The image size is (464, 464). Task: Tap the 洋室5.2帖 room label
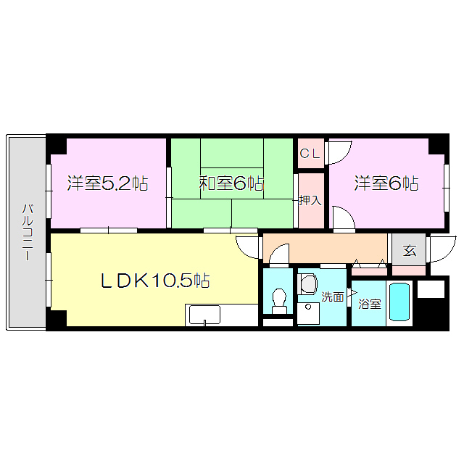pos(107,183)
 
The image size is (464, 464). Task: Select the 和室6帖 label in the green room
pos(231,183)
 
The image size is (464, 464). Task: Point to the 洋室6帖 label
pos(386,183)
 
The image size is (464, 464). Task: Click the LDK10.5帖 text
pos(154,281)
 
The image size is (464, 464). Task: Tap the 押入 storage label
pos(310,200)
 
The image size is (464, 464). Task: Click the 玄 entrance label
pos(410,251)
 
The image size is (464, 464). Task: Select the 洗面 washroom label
pos(333,297)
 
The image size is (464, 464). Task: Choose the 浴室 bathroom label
pos(369,304)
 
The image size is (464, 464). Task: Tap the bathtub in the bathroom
pos(400,302)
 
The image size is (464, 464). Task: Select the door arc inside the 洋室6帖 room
pos(342,217)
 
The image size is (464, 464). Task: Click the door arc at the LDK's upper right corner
pos(248,246)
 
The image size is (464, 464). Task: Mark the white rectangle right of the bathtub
pos(431,289)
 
